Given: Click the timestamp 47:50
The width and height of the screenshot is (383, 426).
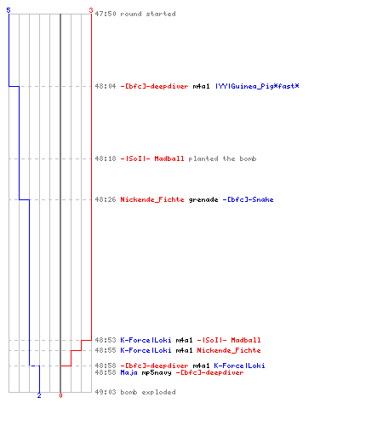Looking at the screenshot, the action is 106,14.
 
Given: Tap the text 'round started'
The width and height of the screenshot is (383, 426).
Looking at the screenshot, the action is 148,14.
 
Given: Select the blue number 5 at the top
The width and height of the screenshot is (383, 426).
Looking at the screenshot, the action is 9,10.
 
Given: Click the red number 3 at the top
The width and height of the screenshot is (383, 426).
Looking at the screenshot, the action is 91,10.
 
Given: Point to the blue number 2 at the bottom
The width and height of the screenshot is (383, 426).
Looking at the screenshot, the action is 39,395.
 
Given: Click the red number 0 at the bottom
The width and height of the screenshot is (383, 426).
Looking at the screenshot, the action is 60,395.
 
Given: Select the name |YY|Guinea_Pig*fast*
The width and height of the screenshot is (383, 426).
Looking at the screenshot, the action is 257,86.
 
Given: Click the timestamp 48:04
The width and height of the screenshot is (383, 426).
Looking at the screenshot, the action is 106,86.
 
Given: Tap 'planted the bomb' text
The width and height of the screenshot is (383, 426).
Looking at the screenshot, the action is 222,158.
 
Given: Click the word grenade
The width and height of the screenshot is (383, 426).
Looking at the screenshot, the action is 203,199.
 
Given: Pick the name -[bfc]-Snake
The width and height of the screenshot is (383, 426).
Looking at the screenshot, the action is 248,199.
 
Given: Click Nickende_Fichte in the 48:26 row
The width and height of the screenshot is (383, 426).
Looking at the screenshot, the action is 152,199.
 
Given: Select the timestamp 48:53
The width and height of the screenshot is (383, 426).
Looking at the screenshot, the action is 106,340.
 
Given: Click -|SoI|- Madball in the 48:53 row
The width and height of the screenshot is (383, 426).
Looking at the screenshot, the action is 229,340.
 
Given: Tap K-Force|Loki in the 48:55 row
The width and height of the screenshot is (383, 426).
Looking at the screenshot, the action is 146,350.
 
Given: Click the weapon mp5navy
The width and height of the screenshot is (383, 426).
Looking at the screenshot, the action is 157,372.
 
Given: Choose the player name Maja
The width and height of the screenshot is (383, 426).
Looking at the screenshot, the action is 129,372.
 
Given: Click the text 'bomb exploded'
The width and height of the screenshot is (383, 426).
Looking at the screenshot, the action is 148,392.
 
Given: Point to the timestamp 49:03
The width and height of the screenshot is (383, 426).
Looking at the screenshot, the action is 106,392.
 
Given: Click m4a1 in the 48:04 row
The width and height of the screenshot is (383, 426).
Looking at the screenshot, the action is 201,86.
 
